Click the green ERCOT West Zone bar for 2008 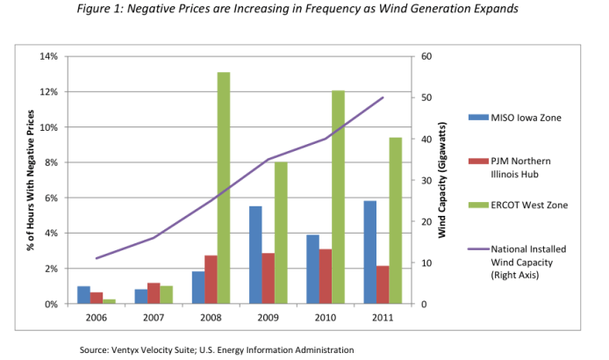coord(224,188)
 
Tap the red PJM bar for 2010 coord(326,277)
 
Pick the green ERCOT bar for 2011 coord(396,220)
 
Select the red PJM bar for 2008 coord(211,279)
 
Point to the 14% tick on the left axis coord(49,56)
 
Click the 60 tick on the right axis coord(426,56)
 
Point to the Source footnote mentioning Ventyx coord(217,349)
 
